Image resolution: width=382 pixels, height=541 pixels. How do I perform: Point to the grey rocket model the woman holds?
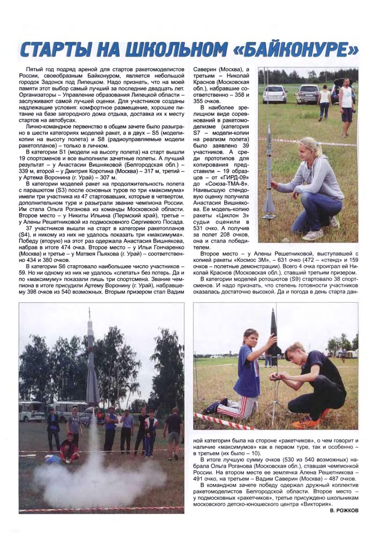(x=269, y=166)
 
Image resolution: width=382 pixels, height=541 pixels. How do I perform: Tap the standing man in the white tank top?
(x=347, y=99)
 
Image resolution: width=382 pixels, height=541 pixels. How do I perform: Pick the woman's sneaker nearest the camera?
(x=313, y=234)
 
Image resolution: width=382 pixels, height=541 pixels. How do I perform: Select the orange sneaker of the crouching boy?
(x=312, y=422)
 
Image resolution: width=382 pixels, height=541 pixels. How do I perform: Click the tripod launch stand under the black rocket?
(x=277, y=396)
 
